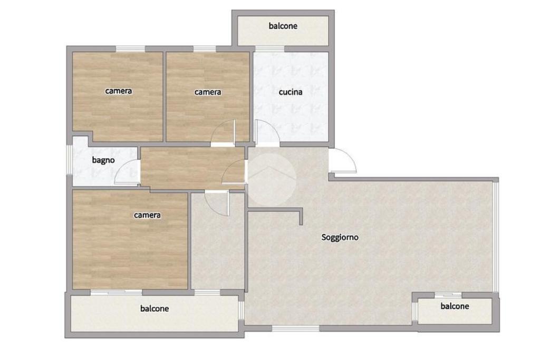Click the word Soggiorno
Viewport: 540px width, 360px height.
(340, 238)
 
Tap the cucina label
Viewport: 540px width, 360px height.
(291, 92)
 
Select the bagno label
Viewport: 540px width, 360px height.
(103, 160)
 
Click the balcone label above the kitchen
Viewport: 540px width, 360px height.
(283, 26)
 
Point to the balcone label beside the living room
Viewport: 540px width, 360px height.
(455, 306)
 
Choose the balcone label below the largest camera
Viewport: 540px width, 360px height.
(155, 309)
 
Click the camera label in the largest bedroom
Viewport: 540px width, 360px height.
(147, 215)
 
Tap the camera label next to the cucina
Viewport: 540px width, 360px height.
(208, 92)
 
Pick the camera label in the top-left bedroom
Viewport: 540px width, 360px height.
(119, 91)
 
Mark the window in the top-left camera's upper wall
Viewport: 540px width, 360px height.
(130, 48)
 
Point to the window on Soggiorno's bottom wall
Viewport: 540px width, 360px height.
(296, 328)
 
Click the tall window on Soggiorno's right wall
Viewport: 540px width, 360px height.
(496, 238)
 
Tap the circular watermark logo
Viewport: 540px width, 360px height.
(272, 179)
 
